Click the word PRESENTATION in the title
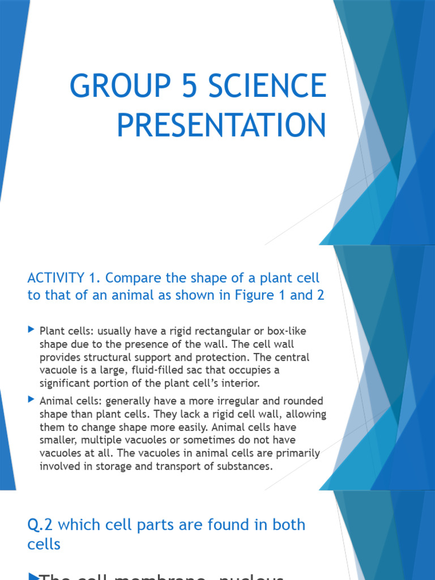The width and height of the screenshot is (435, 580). (221, 126)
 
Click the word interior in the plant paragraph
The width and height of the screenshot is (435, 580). (242, 383)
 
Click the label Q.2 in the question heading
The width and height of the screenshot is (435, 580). (41, 524)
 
